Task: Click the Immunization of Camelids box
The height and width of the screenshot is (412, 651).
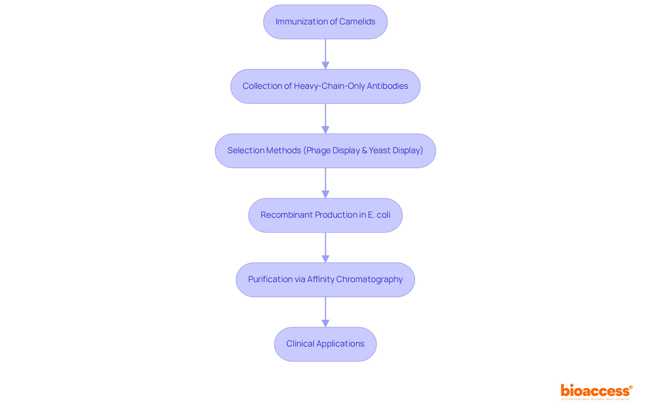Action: [325, 22]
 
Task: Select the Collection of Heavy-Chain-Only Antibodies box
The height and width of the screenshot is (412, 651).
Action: [325, 86]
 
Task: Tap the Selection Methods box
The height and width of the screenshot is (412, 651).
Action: [325, 151]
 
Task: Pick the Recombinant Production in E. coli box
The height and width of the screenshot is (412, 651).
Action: [325, 215]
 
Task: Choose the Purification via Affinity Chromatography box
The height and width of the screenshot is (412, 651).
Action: [325, 279]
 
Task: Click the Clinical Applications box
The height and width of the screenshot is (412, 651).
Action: [325, 344]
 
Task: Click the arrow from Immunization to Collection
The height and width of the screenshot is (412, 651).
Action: [325, 54]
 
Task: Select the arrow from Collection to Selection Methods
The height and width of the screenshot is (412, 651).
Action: [325, 118]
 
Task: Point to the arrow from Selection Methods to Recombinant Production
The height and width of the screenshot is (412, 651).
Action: [325, 182]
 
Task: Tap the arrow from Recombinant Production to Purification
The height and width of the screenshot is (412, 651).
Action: [325, 247]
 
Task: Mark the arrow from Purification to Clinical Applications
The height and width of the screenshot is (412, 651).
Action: [325, 311]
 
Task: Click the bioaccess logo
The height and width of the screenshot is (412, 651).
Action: [596, 391]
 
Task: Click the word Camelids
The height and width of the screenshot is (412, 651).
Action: [357, 22]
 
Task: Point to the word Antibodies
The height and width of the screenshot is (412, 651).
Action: [387, 86]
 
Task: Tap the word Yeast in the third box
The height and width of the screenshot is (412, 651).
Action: [379, 151]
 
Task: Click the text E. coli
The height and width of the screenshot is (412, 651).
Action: [379, 215]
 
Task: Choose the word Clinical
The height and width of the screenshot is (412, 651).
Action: [300, 344]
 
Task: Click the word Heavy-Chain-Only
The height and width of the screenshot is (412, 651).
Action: [329, 86]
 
